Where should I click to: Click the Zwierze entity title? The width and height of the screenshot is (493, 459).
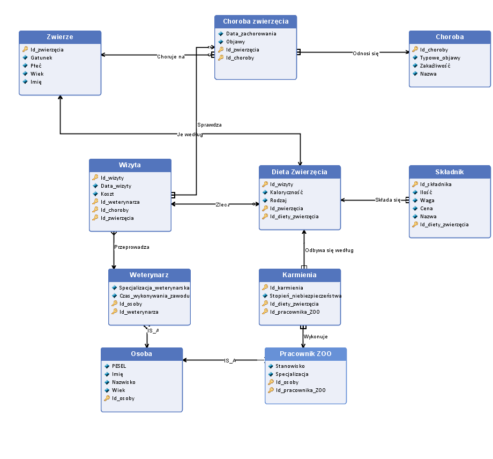coord(59,37)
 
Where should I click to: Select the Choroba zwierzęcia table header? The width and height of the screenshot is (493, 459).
coord(256,21)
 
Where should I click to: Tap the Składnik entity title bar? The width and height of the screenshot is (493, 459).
coord(450,172)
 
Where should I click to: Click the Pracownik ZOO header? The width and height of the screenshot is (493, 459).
coord(305,354)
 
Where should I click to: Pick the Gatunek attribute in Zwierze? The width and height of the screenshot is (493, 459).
coord(41,57)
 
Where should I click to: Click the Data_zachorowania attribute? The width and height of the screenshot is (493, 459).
coord(251,33)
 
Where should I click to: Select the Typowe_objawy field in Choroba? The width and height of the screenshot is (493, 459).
coord(439,57)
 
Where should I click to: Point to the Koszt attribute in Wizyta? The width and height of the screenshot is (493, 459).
coord(107,194)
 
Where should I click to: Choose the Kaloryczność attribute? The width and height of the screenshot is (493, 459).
coord(286,192)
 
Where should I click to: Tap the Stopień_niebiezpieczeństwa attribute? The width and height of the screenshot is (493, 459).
coord(305,295)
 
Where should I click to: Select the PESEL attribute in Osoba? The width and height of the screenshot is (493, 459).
coord(118,366)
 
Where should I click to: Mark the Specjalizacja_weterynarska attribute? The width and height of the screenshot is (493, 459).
coord(154,287)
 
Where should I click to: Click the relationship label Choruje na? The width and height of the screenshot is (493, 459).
coord(170,56)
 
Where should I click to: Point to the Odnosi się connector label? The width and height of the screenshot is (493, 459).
coord(365,54)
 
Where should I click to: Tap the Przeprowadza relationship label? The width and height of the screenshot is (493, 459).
coord(131,247)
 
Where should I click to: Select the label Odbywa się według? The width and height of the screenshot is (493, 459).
coord(329,250)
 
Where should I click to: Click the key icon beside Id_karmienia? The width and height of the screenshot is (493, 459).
coord(265,287)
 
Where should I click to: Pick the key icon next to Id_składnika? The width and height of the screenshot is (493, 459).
coord(415,184)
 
